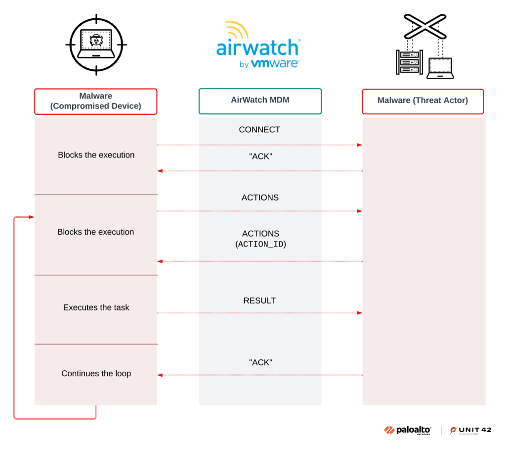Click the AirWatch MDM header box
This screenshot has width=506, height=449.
[260, 100]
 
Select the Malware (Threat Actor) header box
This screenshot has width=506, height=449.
[422, 101]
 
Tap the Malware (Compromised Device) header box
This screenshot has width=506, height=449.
[95, 101]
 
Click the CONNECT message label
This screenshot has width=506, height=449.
[259, 130]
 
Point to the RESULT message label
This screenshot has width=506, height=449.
[259, 300]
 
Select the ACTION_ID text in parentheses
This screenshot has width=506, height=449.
[260, 244]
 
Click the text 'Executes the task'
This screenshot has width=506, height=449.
[96, 307]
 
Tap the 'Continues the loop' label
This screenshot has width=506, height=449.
[96, 374]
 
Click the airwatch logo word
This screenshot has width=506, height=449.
[257, 48]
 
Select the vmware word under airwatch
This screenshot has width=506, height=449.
[275, 64]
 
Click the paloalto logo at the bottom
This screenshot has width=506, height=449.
[408, 430]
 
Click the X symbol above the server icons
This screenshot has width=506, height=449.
[425, 26]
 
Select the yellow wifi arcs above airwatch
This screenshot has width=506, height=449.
[236, 30]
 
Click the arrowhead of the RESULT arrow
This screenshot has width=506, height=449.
[360, 313]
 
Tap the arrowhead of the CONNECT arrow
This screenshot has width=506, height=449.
[360, 145]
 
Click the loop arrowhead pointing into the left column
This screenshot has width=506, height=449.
[32, 217]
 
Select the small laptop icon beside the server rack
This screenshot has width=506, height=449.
[440, 69]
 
